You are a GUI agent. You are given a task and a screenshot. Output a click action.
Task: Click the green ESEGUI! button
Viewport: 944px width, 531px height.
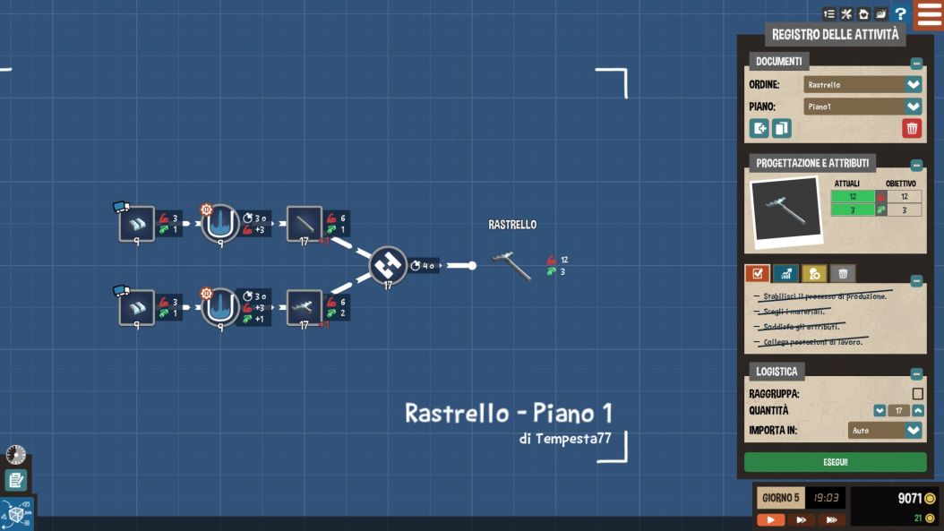pyautogui.click(x=835, y=462)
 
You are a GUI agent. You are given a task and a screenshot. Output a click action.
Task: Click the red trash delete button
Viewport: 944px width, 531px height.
pyautogui.click(x=911, y=128)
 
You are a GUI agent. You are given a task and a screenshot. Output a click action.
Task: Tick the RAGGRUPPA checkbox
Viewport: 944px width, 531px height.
pyautogui.click(x=917, y=394)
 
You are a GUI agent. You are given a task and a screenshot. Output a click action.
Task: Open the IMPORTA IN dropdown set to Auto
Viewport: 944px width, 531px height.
pyautogui.click(x=885, y=431)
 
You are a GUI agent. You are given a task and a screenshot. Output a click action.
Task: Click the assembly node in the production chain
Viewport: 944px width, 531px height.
pyautogui.click(x=388, y=265)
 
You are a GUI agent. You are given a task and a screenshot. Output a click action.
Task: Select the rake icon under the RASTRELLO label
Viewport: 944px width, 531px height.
pyautogui.click(x=512, y=264)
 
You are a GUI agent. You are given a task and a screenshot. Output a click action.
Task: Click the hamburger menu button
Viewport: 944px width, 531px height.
pyautogui.click(x=929, y=14)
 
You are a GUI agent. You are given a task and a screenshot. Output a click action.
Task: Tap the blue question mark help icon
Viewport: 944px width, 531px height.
pyautogui.click(x=900, y=14)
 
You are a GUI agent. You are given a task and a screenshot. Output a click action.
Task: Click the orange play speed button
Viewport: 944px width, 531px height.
pyautogui.click(x=770, y=519)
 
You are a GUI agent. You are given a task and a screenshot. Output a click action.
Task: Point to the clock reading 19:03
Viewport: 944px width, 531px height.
pyautogui.click(x=825, y=498)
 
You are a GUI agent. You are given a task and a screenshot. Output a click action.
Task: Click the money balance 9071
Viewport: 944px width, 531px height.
pyautogui.click(x=911, y=499)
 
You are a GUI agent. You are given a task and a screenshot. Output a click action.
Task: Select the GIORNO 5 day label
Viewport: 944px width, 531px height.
pyautogui.click(x=779, y=498)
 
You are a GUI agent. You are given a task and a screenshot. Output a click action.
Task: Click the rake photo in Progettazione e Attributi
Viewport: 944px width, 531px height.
pyautogui.click(x=785, y=210)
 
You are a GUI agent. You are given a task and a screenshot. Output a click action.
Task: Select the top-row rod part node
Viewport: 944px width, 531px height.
pyautogui.click(x=305, y=223)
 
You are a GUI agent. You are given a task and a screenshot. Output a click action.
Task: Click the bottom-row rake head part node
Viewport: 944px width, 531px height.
pyautogui.click(x=305, y=307)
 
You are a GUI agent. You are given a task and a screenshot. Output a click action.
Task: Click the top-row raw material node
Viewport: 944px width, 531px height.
pyautogui.click(x=137, y=223)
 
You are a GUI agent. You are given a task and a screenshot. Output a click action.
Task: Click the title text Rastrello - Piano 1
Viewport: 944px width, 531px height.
pyautogui.click(x=509, y=413)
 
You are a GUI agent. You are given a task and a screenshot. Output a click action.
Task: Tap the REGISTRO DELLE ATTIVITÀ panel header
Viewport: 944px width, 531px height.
pyautogui.click(x=835, y=35)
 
